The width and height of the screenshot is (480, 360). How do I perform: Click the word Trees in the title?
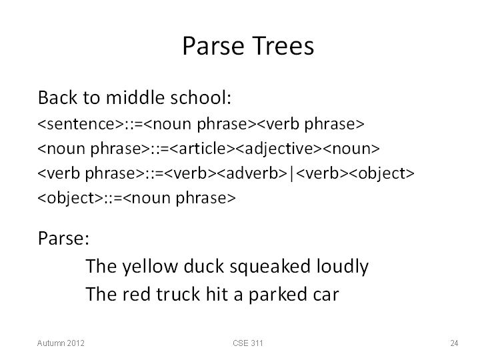[284, 46]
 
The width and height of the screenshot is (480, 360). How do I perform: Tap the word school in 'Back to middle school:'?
[199, 97]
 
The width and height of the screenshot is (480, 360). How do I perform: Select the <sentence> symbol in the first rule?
[81, 124]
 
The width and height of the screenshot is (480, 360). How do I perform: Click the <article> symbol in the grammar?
[202, 149]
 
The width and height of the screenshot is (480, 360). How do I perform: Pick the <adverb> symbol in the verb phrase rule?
[252, 173]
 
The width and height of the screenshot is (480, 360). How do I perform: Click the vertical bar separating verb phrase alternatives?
[292, 174]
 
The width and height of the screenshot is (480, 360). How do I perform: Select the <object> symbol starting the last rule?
[71, 199]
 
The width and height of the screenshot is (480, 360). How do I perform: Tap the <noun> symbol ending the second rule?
[351, 149]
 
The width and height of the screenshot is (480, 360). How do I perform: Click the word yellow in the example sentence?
[150, 267]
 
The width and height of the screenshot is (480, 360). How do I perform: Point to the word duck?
[203, 266]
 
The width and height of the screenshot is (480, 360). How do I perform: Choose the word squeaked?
[270, 267]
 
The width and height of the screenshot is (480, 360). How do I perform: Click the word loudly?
[343, 267]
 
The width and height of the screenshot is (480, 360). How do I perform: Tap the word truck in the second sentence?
[178, 294]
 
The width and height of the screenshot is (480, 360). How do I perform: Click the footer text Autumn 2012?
[61, 343]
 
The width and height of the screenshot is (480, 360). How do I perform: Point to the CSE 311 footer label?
[247, 343]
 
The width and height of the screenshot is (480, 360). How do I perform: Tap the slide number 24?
[454, 343]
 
